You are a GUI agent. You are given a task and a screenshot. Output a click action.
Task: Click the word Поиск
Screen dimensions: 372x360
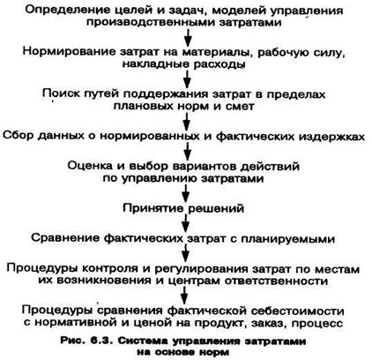tap(61, 94)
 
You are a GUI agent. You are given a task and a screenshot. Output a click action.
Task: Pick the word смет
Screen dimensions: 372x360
tap(240, 106)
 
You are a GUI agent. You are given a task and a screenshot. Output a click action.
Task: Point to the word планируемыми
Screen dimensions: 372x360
tap(287, 239)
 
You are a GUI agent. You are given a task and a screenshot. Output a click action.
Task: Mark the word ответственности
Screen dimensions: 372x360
tap(276, 281)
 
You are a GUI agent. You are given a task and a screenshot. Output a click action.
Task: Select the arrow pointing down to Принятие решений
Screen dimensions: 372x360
tap(185, 193)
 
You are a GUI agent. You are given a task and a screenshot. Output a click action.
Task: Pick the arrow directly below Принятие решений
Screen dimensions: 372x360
tap(185, 223)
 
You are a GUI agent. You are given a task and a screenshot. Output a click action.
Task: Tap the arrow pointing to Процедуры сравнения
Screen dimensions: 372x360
tap(184, 296)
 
